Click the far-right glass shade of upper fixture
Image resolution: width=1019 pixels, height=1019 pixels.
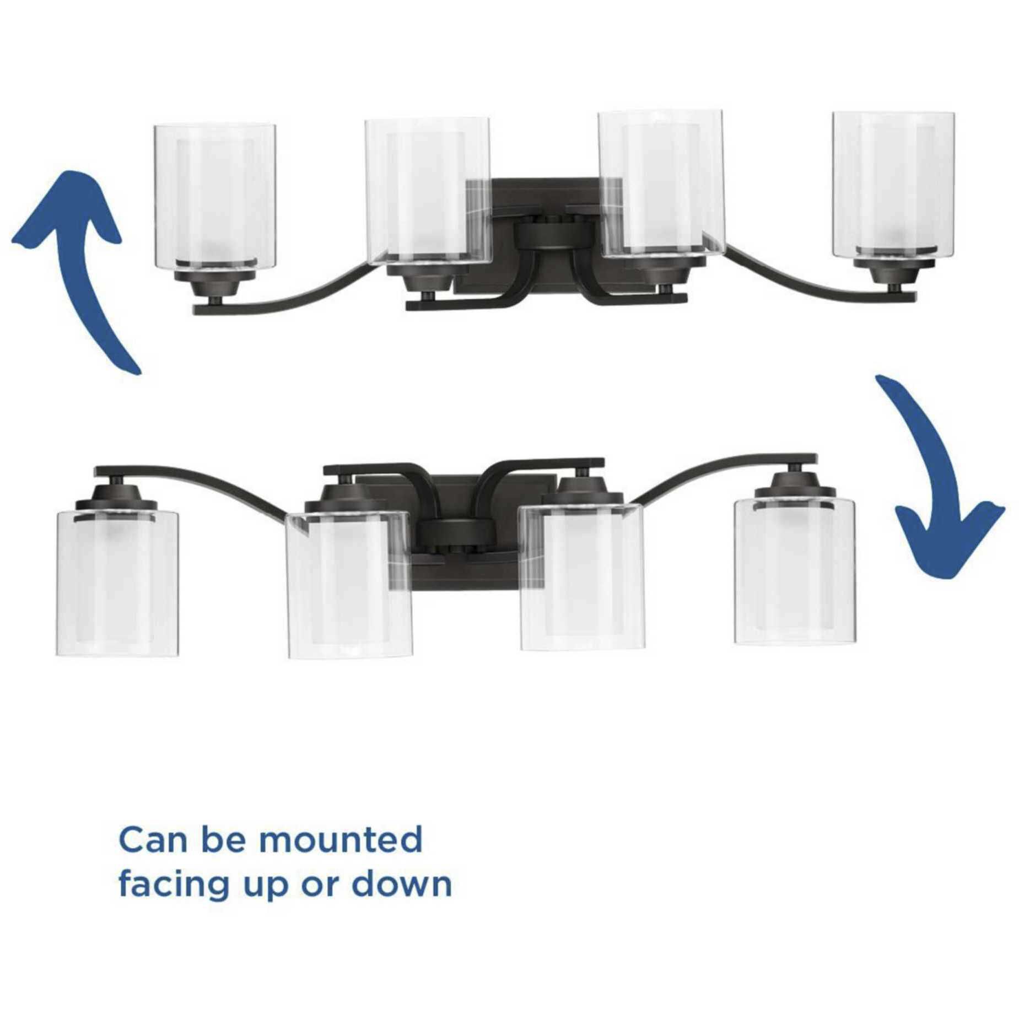point(893,185)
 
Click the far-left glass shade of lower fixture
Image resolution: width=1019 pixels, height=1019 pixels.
point(117,584)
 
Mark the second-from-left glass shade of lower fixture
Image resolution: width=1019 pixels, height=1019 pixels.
point(349,584)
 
